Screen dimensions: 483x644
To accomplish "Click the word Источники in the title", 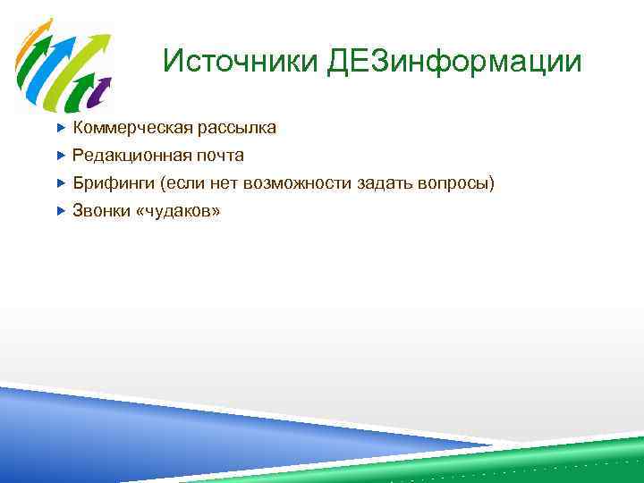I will pos(241,62).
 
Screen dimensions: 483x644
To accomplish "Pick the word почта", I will pos(220,156).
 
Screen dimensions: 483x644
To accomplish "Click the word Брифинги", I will pos(113,183).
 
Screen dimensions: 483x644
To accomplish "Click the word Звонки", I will pos(100,211).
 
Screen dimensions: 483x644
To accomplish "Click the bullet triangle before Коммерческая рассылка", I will pos(61,128).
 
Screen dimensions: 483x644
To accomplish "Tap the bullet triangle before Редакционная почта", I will pos(61,156).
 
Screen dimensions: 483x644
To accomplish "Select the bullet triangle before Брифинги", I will pos(61,183).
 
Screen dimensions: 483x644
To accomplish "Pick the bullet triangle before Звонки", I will pos(61,211).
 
